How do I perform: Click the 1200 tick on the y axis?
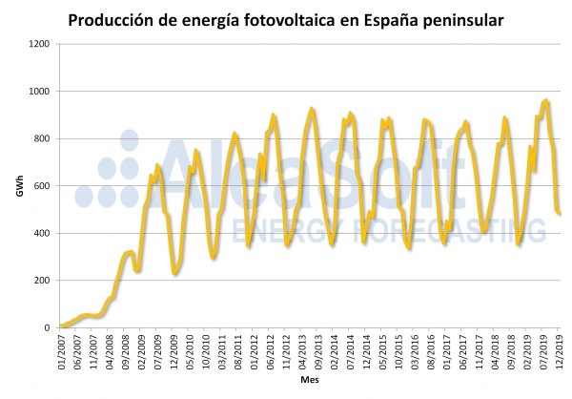(38, 44)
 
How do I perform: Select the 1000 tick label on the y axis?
(38, 92)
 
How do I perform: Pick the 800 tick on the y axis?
(41, 138)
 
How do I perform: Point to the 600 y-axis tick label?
(41, 186)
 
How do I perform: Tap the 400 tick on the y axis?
(41, 233)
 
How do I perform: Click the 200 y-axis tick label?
(41, 281)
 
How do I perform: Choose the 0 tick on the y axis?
(47, 327)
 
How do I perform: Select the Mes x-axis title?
(309, 380)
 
